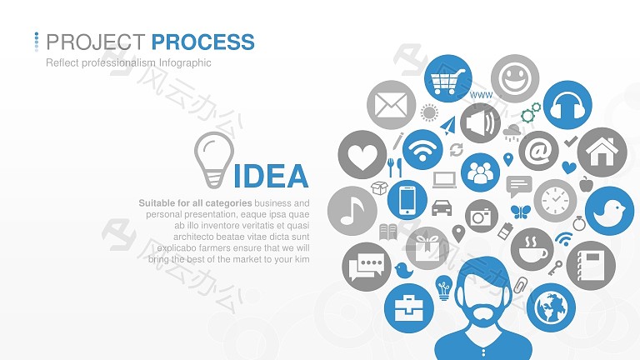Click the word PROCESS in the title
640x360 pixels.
coord(202,42)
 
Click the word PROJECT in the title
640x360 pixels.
coord(96,42)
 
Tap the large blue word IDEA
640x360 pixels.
coord(271,176)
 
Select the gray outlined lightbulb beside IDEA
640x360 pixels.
coord(214,160)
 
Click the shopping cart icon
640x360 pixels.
coord(447,78)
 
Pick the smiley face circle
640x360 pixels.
coord(515,78)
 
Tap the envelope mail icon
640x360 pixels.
coord(391,105)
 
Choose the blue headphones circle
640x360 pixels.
coord(567,105)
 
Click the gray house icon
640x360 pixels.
coord(602,152)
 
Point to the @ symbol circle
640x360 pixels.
coord(539,151)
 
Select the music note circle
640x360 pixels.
coord(352,211)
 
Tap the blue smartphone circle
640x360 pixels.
coord(407,200)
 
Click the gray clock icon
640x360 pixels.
coord(555,200)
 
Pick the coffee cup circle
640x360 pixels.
coord(532,249)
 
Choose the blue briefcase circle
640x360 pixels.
coord(409,308)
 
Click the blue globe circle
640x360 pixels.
coord(551,307)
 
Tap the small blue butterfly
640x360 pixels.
coord(520,212)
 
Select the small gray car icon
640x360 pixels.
coord(442,207)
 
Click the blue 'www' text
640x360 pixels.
coord(481,95)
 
